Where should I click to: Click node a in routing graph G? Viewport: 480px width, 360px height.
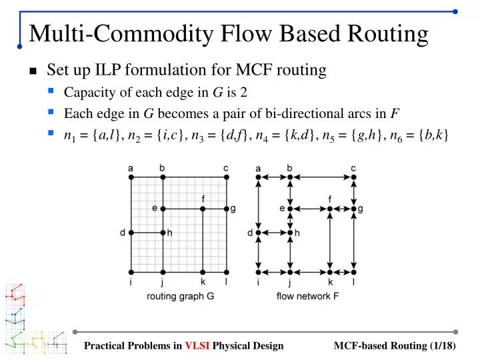(131, 177)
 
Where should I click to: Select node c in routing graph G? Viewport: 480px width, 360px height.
(226, 177)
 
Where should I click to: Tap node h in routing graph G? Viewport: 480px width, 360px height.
(163, 233)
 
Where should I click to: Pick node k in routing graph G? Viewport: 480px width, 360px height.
(203, 271)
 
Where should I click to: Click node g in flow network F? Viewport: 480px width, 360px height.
(353, 209)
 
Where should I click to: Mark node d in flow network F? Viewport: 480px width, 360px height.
(258, 233)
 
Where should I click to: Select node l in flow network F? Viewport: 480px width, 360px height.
(353, 271)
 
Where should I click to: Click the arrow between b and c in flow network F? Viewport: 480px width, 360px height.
(322, 177)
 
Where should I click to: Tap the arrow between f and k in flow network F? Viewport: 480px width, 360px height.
(330, 240)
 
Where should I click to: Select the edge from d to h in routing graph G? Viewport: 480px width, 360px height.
(147, 233)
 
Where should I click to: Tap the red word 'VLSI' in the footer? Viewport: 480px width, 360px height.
(197, 345)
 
